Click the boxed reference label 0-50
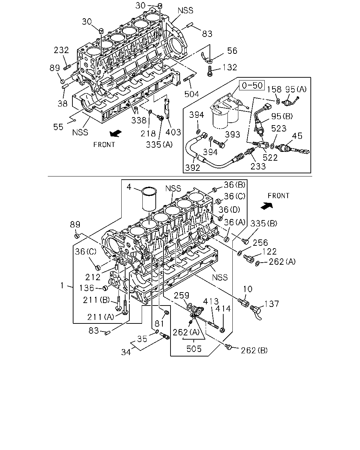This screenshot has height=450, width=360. pyautogui.click(x=252, y=85)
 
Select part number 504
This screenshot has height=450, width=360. pyautogui.click(x=191, y=94)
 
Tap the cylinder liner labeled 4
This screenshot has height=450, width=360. pyautogui.click(x=149, y=199)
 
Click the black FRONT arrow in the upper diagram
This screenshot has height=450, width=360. pyautogui.click(x=116, y=133)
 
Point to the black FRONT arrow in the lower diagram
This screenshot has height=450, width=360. pyautogui.click(x=267, y=206)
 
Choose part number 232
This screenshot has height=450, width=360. pyautogui.click(x=61, y=50)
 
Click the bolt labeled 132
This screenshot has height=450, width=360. pyautogui.click(x=210, y=71)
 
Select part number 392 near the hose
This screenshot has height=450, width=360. pyautogui.click(x=192, y=167)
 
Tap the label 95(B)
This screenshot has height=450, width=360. pyautogui.click(x=282, y=116)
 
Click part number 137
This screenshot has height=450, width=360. pyautogui.click(x=272, y=304)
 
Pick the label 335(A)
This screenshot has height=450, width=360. pyautogui.click(x=159, y=144)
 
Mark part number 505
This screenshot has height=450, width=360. pyautogui.click(x=194, y=349)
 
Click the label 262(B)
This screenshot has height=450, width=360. pyautogui.click(x=254, y=350)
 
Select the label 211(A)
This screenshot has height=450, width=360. pyautogui.click(x=101, y=317)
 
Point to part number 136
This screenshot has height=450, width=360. pyautogui.click(x=86, y=288)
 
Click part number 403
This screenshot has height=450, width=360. pyautogui.click(x=173, y=132)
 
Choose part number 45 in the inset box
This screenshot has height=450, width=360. pyautogui.click(x=297, y=136)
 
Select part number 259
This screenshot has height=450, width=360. pyautogui.click(x=181, y=295)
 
